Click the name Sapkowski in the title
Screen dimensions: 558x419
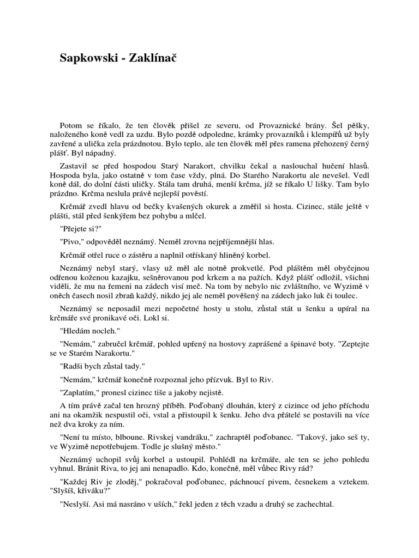[89, 59]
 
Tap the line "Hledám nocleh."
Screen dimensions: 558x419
[88, 330]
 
